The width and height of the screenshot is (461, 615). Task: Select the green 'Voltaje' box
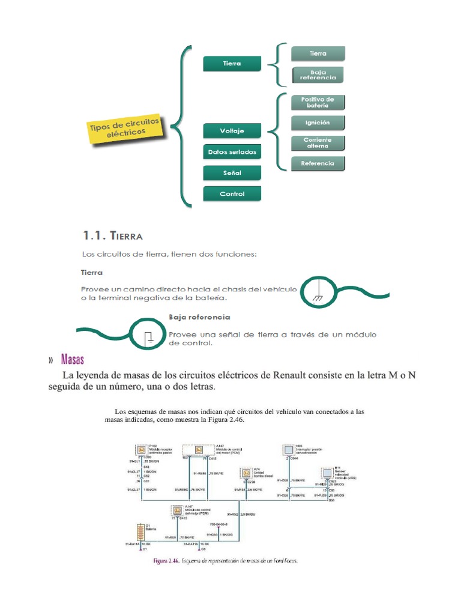[x=232, y=131]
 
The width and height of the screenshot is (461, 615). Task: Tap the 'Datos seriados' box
[x=232, y=152]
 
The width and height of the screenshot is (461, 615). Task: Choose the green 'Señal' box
[x=232, y=173]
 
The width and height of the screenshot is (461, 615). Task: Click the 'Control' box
[x=232, y=194]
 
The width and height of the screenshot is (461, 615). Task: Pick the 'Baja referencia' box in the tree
[x=318, y=74]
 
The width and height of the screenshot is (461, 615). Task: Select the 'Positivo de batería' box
[x=318, y=102]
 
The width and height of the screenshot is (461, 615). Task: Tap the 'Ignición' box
[x=318, y=123]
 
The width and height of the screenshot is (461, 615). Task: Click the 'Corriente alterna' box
[x=318, y=143]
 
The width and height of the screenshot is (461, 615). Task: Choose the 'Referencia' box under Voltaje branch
[x=318, y=163]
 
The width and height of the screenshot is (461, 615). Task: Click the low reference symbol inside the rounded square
[x=150, y=337]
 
